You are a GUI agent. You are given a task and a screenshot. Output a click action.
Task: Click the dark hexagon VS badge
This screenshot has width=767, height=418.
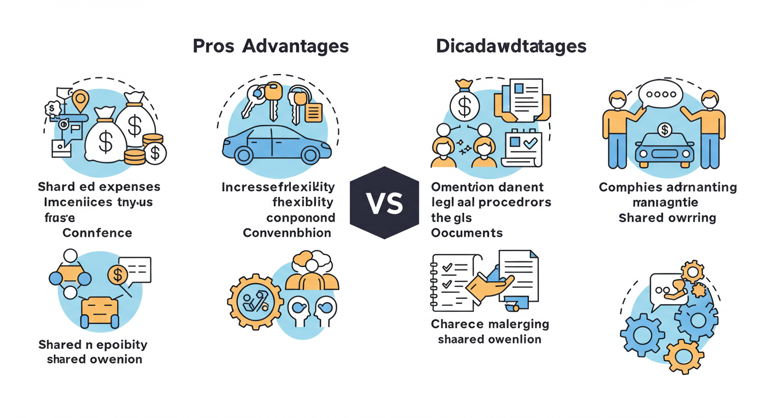point(384,202)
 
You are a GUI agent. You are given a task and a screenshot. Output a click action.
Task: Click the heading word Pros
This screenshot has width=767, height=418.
point(214,46)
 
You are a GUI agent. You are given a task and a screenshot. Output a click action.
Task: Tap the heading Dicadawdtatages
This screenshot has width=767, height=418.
point(511,46)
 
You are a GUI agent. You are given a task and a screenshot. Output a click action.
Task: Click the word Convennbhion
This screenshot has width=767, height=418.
point(287,233)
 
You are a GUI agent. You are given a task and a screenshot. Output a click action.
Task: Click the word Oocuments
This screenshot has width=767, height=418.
point(467,233)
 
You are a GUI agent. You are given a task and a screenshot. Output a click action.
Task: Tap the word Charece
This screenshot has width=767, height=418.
point(457,324)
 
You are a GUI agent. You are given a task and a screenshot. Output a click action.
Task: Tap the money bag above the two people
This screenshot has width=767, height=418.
point(465,101)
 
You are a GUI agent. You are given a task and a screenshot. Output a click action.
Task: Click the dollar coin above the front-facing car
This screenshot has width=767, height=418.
point(664,130)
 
